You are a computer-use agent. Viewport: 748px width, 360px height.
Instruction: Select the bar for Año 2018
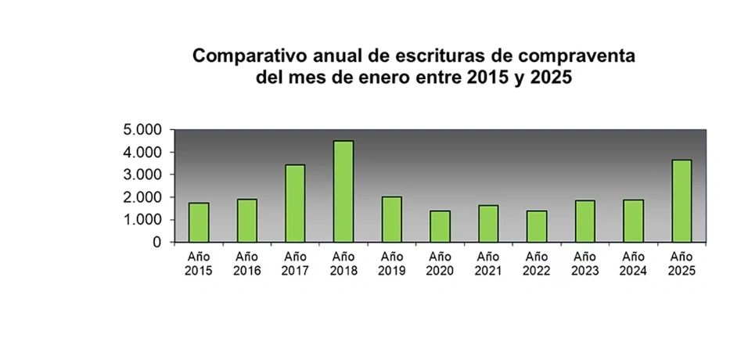pyautogui.click(x=343, y=192)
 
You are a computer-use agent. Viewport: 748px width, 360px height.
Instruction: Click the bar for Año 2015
pyautogui.click(x=199, y=222)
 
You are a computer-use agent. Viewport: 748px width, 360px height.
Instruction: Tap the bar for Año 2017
pyautogui.click(x=295, y=203)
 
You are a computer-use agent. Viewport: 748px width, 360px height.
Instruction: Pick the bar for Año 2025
pyautogui.click(x=681, y=201)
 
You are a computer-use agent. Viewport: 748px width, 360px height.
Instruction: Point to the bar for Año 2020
pyautogui.click(x=440, y=226)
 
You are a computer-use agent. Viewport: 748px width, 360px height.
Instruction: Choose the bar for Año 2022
pyautogui.click(x=537, y=226)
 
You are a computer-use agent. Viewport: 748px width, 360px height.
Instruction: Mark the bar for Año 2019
pyautogui.click(x=392, y=219)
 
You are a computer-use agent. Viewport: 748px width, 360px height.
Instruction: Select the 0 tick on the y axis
pyautogui.click(x=157, y=243)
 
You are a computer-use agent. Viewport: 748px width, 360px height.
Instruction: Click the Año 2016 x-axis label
pyautogui.click(x=246, y=263)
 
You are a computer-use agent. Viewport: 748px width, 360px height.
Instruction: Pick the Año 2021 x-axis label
pyautogui.click(x=488, y=263)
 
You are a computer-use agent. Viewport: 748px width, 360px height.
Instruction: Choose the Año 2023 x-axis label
pyautogui.click(x=584, y=263)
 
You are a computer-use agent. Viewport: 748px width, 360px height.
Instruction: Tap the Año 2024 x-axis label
pyautogui.click(x=633, y=263)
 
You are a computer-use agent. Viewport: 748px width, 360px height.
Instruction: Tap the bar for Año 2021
pyautogui.click(x=488, y=224)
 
